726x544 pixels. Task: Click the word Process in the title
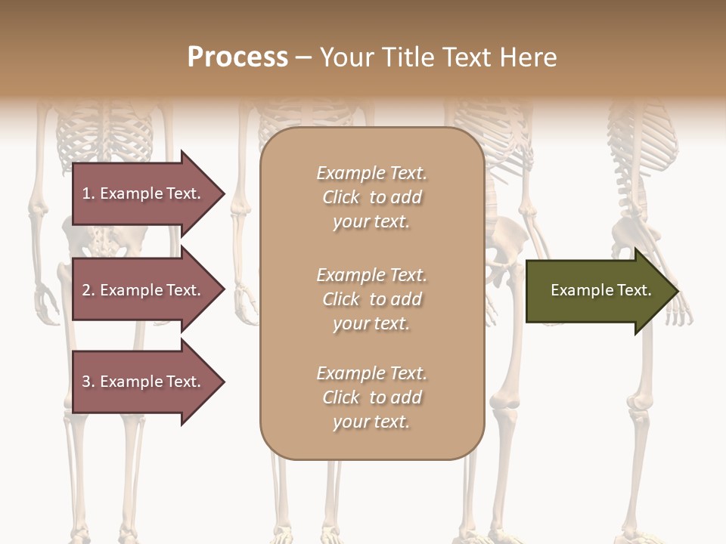coord(237,57)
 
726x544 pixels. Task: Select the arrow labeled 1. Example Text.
coord(144,193)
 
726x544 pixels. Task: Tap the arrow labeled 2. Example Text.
coord(144,290)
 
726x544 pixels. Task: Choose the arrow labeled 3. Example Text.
coord(144,382)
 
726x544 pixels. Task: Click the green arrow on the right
coord(597,290)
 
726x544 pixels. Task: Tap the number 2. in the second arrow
coord(88,290)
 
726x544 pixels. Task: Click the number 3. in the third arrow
coord(88,382)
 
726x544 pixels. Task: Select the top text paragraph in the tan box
coord(371,197)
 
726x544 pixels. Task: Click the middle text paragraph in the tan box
coord(371,299)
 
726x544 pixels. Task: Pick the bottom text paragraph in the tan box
coord(371,397)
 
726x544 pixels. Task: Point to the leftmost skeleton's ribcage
coord(106,136)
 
